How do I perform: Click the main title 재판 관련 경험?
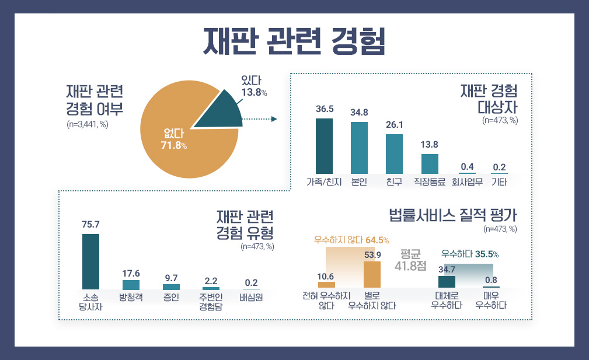click(294, 40)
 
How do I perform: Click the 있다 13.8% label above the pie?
click(255, 86)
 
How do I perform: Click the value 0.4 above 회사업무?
click(467, 167)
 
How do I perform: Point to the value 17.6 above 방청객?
click(131, 273)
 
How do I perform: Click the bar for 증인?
click(171, 286)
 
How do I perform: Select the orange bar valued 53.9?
click(372, 274)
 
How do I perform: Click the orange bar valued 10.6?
click(326, 285)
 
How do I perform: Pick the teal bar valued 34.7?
click(447, 282)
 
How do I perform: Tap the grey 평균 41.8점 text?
click(411, 260)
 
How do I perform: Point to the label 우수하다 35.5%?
click(469, 254)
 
